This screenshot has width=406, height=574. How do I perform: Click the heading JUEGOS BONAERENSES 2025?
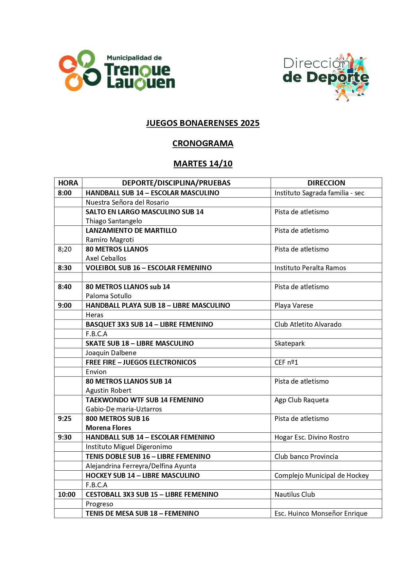click(x=203, y=123)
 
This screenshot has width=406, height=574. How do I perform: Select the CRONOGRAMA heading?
click(x=203, y=144)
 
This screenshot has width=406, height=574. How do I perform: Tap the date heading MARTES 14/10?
click(x=203, y=164)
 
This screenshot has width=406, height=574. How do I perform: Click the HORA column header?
click(x=68, y=183)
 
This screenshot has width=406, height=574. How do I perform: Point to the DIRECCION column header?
click(x=326, y=183)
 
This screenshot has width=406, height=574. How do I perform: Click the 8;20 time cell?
click(x=65, y=249)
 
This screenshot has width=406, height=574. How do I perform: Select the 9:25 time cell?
click(x=65, y=419)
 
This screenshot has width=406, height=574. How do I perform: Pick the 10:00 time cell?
click(x=67, y=495)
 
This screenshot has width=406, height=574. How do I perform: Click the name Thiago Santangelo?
click(x=114, y=221)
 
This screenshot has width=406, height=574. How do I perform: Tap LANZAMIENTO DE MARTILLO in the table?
click(x=131, y=231)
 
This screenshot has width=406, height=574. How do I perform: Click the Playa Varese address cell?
click(x=293, y=305)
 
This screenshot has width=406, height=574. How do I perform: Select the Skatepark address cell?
click(x=289, y=343)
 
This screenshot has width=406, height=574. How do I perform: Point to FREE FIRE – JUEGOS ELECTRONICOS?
click(x=141, y=362)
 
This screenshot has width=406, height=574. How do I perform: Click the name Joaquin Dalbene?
click(x=111, y=353)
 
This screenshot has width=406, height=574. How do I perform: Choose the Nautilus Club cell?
click(x=294, y=495)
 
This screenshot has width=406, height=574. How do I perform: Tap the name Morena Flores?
click(x=108, y=428)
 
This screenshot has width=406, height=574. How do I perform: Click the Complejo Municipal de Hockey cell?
click(x=321, y=476)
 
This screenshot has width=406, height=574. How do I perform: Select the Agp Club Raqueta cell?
click(x=301, y=400)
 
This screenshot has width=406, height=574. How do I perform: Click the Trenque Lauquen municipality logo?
click(x=117, y=71)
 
